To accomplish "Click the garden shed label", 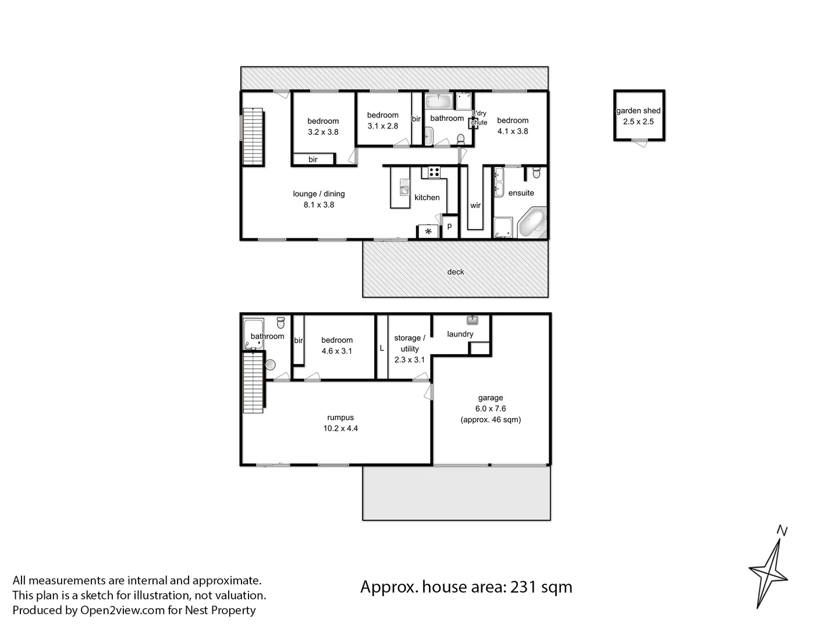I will coord(638,110).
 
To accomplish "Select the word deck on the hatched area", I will coord(456,272).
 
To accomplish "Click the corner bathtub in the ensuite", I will coord(532,223).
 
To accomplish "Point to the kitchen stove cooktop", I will coord(434,172).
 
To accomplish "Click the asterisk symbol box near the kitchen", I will coord(428,231).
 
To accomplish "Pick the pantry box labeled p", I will coord(449,226).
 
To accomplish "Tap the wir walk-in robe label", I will coord(475,205).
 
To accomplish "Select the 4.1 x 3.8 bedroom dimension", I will coord(512,131).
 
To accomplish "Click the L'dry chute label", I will coord(479,117).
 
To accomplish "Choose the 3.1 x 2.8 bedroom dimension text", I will coord(382,126).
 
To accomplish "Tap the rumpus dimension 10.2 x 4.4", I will coord(340,429).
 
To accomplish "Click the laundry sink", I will coord(472,320).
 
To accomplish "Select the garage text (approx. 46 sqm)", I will coord(490,420).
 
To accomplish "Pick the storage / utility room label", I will coord(409,343).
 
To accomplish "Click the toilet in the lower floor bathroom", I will coord(280,322).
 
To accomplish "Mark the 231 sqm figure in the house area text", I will coord(541,587).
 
